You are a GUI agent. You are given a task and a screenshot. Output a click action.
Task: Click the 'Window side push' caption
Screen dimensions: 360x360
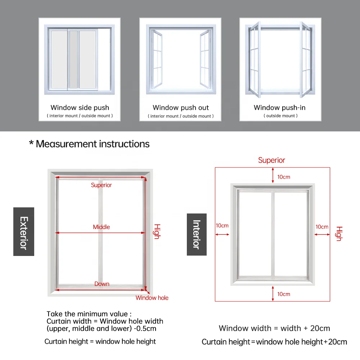[80, 108]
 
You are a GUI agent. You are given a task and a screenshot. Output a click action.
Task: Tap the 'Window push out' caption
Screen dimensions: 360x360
[181, 108]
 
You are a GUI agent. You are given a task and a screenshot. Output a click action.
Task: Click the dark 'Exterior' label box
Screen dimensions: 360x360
[24, 232]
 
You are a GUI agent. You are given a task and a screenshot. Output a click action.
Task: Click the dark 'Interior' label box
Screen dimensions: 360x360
[197, 234]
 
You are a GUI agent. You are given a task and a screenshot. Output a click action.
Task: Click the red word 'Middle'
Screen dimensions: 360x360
[102, 227]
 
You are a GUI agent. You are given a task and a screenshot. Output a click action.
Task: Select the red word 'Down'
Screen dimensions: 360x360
[102, 284]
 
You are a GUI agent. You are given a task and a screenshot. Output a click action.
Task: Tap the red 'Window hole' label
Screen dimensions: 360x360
[152, 298]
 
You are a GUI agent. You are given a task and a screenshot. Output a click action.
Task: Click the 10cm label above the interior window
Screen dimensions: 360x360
[284, 177]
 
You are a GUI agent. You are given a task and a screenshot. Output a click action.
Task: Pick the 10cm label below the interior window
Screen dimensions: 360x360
[284, 294]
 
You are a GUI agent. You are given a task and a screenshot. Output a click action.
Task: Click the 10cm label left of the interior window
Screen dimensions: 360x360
[222, 226]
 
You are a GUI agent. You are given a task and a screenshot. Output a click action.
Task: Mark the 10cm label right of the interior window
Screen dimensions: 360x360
[322, 227]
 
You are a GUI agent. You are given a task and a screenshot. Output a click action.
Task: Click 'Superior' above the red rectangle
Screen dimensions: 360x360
[271, 161]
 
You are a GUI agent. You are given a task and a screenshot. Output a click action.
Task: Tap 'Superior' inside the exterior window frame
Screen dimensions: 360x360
[101, 185]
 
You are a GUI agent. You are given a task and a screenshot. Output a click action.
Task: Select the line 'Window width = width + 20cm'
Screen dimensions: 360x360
[274, 328]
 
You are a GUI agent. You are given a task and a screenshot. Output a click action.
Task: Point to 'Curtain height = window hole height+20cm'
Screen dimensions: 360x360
[274, 342]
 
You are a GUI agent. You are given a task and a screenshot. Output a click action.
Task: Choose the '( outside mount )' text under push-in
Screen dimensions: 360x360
[280, 116]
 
